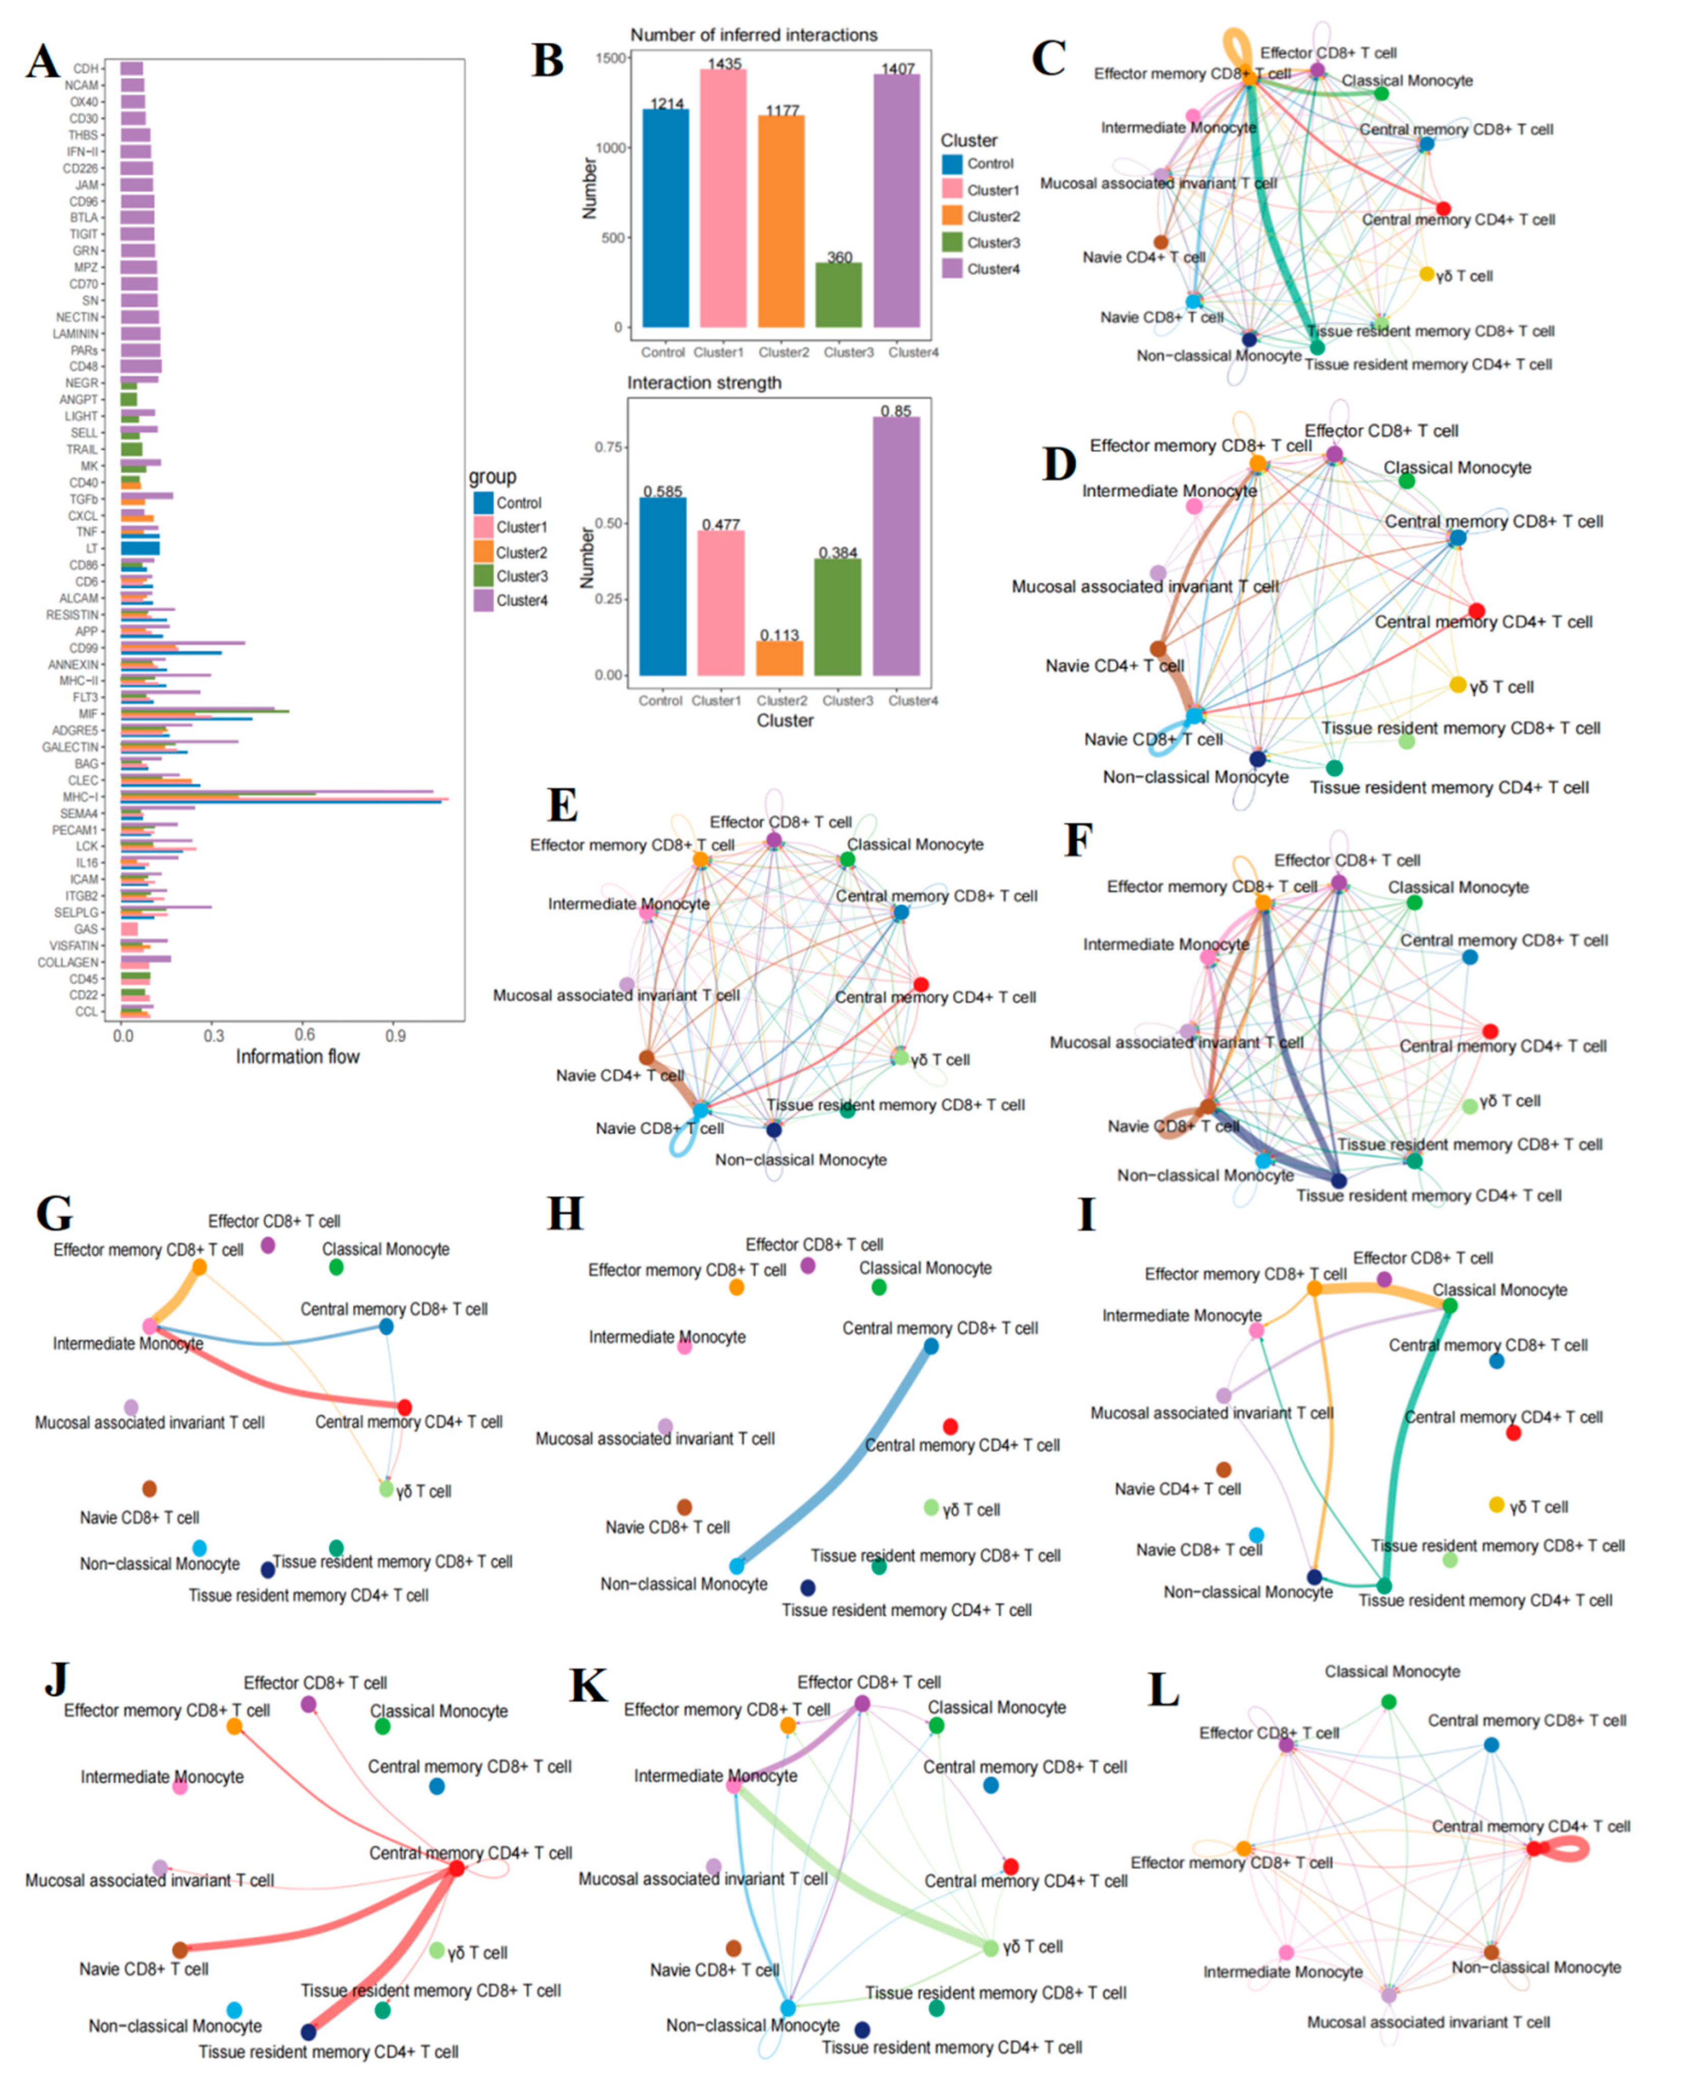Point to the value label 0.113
[x=780, y=635]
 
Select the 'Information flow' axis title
[x=297, y=1057]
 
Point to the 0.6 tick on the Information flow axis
[x=304, y=1035]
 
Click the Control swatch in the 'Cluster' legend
[x=952, y=164]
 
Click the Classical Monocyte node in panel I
[x=1450, y=1305]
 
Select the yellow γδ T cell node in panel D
[x=1457, y=685]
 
